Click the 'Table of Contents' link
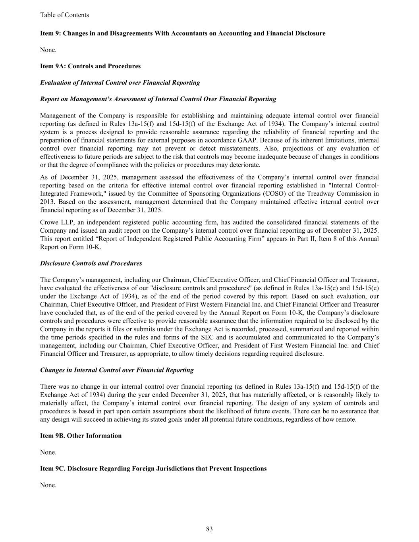click(x=64, y=15)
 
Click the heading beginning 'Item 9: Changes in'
click(x=183, y=33)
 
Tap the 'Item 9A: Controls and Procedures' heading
click(x=90, y=66)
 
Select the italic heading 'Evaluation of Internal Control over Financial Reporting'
click(x=120, y=83)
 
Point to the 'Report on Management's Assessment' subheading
click(x=158, y=99)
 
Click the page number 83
click(x=209, y=529)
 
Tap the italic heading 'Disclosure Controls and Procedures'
click(x=91, y=263)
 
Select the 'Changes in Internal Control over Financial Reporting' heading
click(x=117, y=370)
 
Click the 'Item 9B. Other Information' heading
click(x=81, y=436)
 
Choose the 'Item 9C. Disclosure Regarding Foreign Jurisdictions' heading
click(x=153, y=469)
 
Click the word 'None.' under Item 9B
click(x=48, y=452)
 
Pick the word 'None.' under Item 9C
click(x=48, y=485)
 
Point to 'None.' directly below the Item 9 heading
click(x=48, y=50)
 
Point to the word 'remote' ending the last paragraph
click(x=346, y=419)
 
